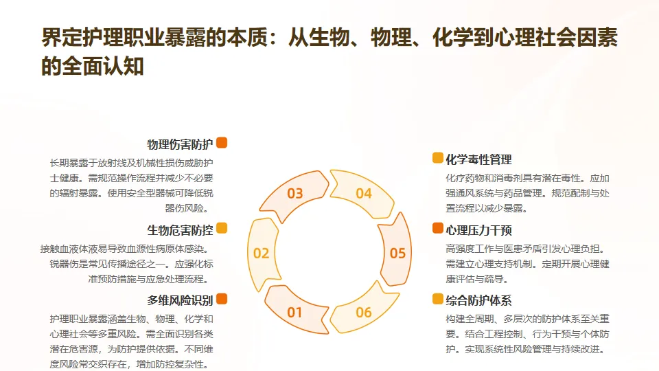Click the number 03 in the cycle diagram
click(295, 193)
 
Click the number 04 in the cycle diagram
click(364, 193)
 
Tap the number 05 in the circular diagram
click(398, 253)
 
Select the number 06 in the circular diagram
click(364, 313)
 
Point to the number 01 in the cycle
click(295, 313)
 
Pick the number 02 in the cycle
click(262, 253)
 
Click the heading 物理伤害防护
click(180, 144)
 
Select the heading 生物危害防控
click(180, 229)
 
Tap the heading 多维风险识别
click(180, 300)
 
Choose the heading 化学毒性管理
click(478, 159)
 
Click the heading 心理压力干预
click(478, 229)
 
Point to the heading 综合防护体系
click(478, 300)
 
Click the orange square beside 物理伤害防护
click(222, 143)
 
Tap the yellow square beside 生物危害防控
click(222, 228)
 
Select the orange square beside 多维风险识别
click(222, 299)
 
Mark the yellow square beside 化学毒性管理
click(437, 158)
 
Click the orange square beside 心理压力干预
click(437, 228)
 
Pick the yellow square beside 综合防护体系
click(437, 299)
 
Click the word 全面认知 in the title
click(103, 66)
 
